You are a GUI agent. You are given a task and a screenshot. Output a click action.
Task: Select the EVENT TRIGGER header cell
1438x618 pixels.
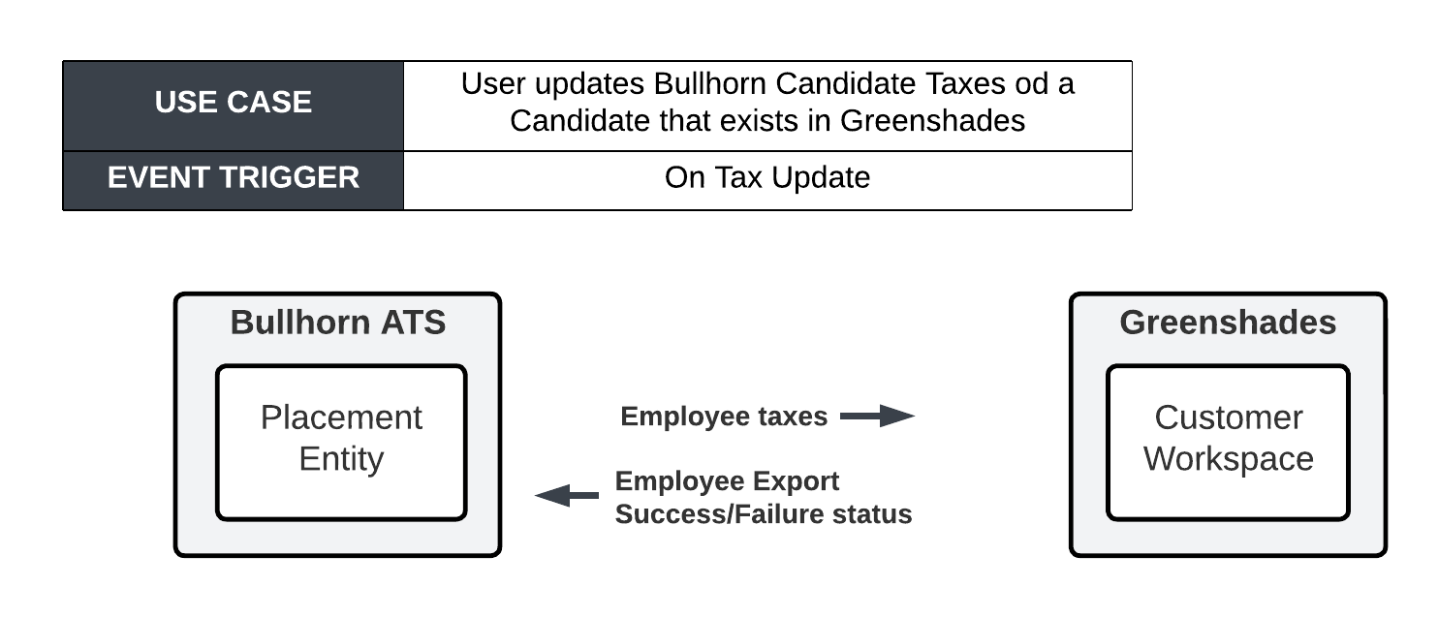tap(233, 180)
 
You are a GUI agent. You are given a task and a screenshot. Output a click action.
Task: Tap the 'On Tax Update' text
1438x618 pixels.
tap(767, 178)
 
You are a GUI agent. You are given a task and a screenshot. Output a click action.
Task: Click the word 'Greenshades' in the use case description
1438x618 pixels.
tap(932, 121)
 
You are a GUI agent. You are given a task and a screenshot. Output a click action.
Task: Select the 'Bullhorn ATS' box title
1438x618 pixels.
tap(337, 323)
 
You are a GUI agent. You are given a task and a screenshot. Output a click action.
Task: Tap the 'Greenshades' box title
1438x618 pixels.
tap(1228, 323)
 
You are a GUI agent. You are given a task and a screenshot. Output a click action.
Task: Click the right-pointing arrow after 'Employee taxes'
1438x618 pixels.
tap(877, 416)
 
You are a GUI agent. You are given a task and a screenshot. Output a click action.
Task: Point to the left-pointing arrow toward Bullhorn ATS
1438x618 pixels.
tap(567, 495)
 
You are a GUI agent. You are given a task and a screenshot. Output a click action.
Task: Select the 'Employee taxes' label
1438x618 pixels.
tap(724, 417)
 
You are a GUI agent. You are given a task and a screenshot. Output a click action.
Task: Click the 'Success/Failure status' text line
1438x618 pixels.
tap(764, 514)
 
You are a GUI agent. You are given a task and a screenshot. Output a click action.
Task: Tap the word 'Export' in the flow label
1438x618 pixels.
tap(796, 481)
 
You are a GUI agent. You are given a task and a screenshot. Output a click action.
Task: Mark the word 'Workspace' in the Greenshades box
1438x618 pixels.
tap(1228, 459)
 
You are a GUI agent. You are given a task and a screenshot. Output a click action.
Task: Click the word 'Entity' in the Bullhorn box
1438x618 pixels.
tap(341, 459)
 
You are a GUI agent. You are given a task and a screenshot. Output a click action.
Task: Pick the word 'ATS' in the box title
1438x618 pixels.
tap(413, 323)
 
